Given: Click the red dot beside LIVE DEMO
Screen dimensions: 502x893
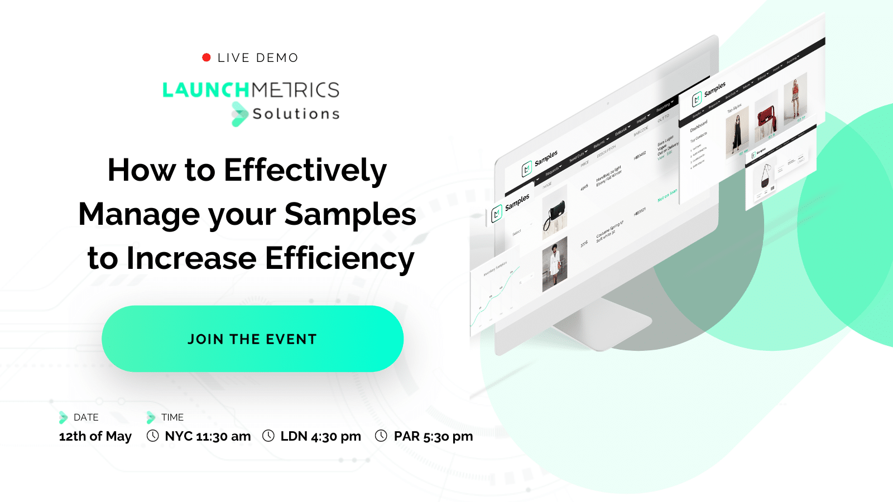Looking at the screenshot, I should pos(206,57).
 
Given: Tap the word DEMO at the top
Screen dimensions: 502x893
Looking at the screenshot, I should pos(277,58).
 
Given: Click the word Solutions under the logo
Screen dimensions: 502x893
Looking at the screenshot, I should pos(296,114).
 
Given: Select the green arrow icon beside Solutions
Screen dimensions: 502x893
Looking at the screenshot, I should pos(239,114).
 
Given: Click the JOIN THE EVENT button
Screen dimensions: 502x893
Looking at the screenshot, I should pos(252,339).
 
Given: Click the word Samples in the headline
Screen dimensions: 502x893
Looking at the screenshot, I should pos(350,214).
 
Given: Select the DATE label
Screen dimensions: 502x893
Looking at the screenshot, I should pos(86,417).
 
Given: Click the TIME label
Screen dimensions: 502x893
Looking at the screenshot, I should pos(172,417).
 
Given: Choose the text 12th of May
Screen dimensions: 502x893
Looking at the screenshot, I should pos(95,436).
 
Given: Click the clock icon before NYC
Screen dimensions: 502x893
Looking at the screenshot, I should pos(152,436).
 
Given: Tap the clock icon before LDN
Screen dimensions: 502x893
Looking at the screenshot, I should pos(268,436).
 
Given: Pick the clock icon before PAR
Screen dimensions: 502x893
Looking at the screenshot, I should pos(381,436).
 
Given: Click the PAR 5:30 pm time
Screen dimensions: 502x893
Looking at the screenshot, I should pos(433,436).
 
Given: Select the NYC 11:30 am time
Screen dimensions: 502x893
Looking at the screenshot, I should pos(208,436).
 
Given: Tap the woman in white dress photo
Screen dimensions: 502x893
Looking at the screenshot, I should pos(555,264).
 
